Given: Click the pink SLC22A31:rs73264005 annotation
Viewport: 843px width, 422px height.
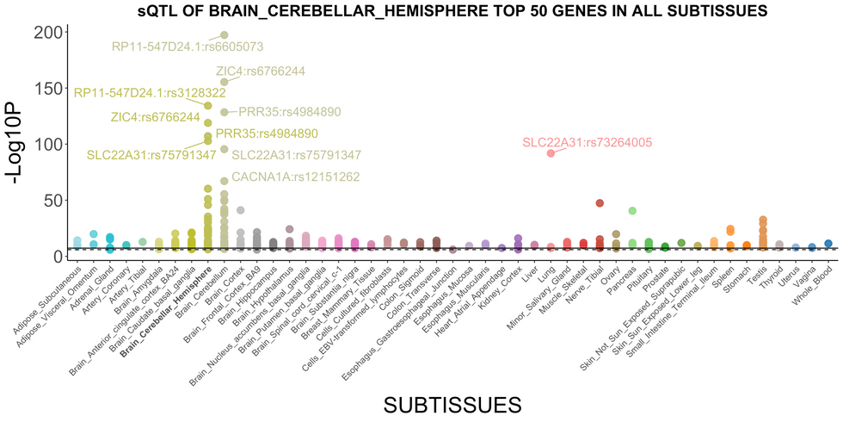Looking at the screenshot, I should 588,143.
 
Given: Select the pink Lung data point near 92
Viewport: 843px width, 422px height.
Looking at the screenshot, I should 551,153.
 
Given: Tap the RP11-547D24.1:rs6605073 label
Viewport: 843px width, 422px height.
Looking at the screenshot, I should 188,47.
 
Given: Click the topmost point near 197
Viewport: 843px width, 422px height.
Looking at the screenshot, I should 225,35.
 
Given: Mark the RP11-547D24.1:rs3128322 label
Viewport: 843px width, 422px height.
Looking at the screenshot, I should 143,93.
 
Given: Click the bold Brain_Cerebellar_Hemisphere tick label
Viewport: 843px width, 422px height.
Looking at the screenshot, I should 170,304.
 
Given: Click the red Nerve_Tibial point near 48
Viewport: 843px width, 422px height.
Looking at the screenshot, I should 600,203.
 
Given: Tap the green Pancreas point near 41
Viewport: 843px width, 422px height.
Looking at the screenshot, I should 632,211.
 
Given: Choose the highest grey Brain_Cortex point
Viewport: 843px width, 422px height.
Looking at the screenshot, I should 241,210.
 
